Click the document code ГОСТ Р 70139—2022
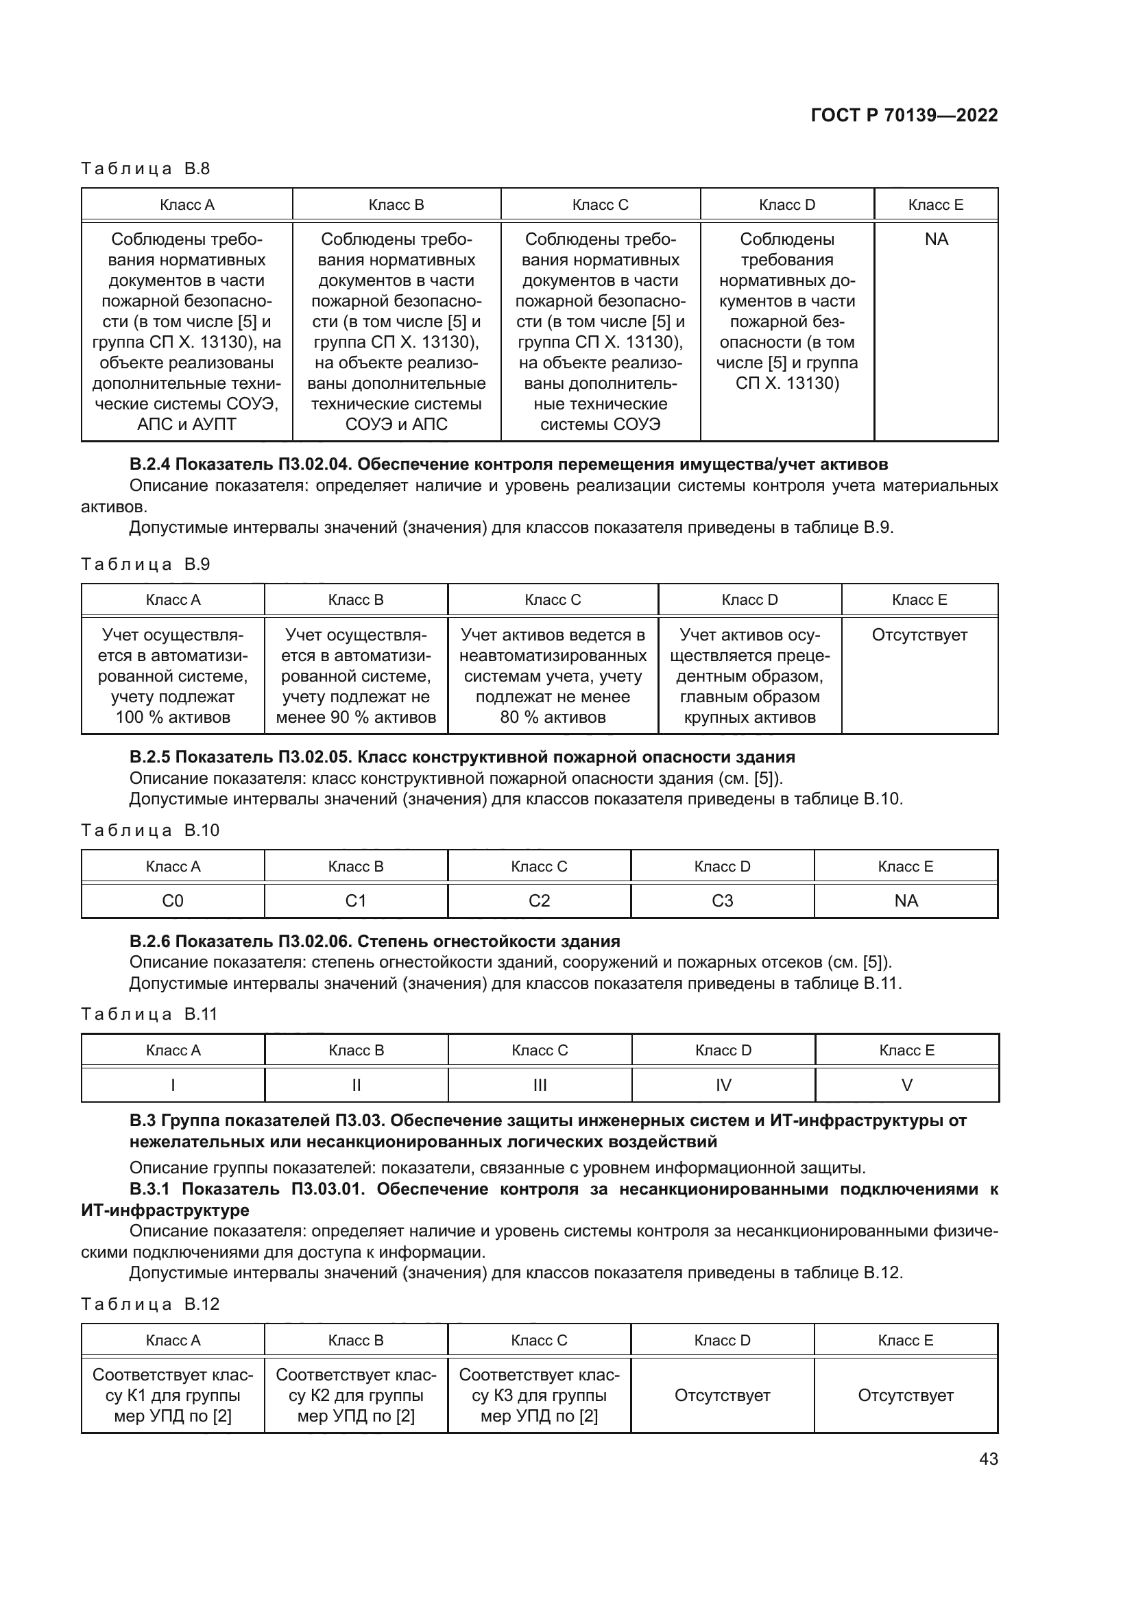point(904,115)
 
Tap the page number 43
point(988,1459)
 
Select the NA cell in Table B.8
point(936,239)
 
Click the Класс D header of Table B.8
point(786,204)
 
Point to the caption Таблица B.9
point(145,564)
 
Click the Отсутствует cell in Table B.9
point(919,635)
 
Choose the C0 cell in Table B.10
point(173,900)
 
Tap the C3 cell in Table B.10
point(722,900)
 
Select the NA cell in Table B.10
point(906,900)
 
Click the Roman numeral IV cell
point(723,1085)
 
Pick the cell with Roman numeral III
point(540,1085)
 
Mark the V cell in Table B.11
point(906,1085)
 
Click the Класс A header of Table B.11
point(173,1050)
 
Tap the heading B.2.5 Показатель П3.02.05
point(461,756)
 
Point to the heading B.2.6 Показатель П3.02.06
point(374,941)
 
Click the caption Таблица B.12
point(150,1304)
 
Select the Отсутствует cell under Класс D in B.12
point(722,1395)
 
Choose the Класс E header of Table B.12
point(905,1340)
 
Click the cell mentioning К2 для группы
point(355,1395)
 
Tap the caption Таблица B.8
point(145,169)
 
